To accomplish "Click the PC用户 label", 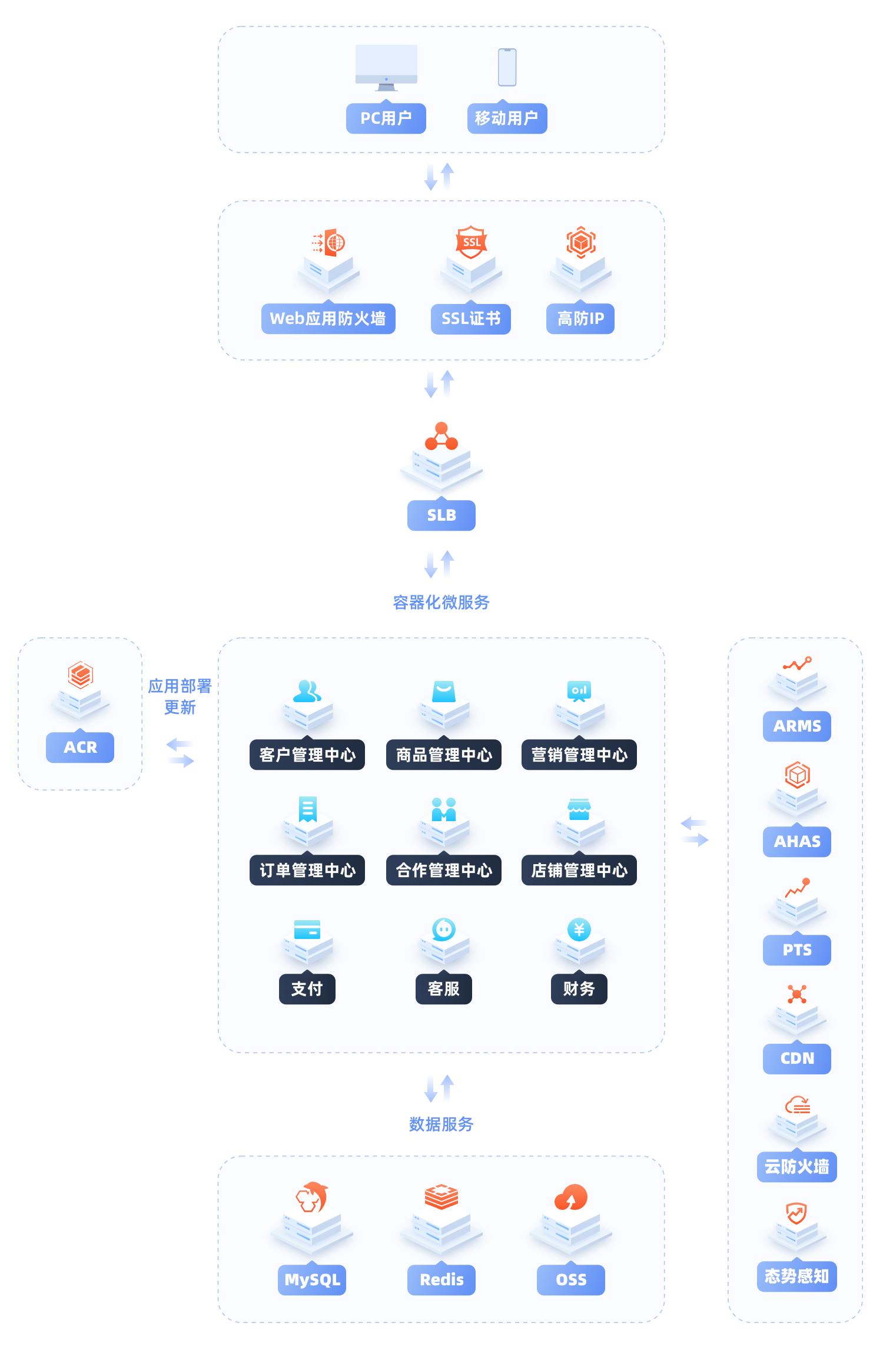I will tap(386, 118).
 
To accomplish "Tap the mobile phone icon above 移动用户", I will tap(507, 67).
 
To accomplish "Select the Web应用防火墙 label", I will tap(328, 319).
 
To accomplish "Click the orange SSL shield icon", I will tap(471, 242).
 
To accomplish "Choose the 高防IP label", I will tap(580, 319).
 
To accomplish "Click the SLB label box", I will tap(441, 515).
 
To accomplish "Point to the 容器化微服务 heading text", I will tap(441, 602).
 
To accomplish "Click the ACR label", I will tap(80, 747).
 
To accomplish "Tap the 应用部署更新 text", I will tap(180, 696).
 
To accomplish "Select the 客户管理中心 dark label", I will tap(307, 755).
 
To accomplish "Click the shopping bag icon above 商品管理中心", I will tap(444, 692).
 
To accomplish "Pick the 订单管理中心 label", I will tap(307, 870).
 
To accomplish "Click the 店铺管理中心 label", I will tap(579, 870).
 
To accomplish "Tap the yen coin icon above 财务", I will tap(579, 930).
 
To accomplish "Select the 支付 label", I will tap(307, 988).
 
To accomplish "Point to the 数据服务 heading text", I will tap(441, 1124).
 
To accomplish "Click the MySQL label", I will tap(312, 1279).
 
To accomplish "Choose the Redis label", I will tap(441, 1279).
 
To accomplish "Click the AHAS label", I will tap(796, 841).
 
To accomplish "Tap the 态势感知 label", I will tap(796, 1276).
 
